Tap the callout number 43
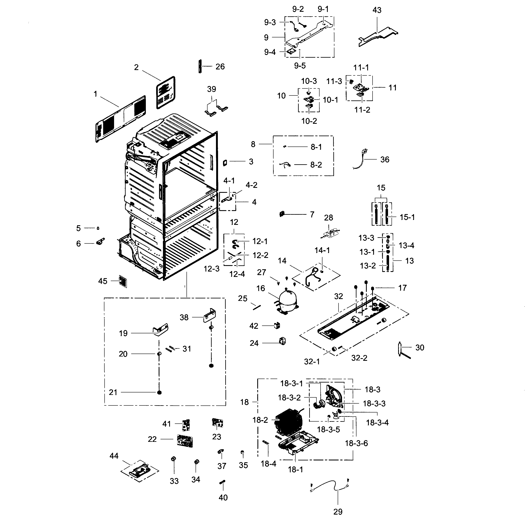pyautogui.click(x=377, y=10)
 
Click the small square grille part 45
pyautogui.click(x=123, y=281)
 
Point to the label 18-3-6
pyautogui.click(x=356, y=443)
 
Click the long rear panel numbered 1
pyautogui.click(x=121, y=119)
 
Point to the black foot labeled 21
pyautogui.click(x=159, y=392)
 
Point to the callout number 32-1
pyautogui.click(x=312, y=361)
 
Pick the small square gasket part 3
pyautogui.click(x=225, y=163)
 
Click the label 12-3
pyautogui.click(x=212, y=269)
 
